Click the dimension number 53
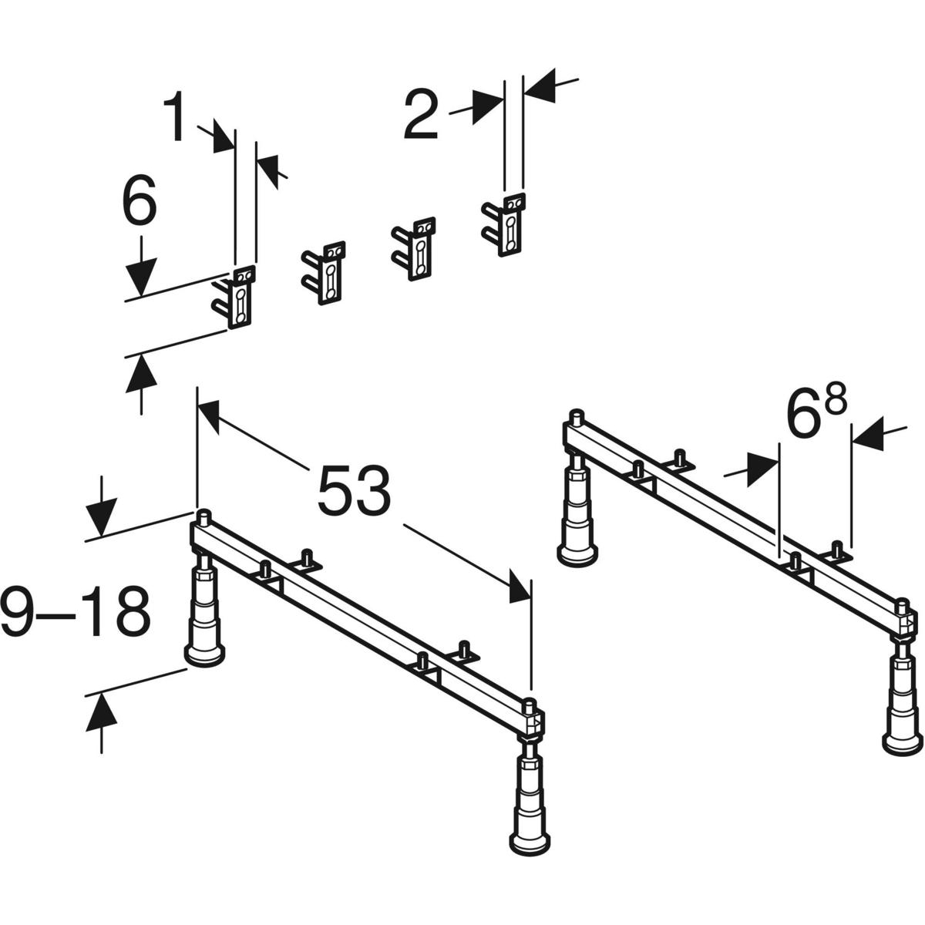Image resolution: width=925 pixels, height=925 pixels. (354, 490)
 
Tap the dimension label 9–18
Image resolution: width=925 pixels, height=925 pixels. (75, 611)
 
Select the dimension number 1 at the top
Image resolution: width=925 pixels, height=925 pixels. (177, 118)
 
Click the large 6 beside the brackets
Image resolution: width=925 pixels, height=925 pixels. (139, 202)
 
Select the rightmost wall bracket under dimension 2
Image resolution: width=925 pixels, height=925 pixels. (506, 224)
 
